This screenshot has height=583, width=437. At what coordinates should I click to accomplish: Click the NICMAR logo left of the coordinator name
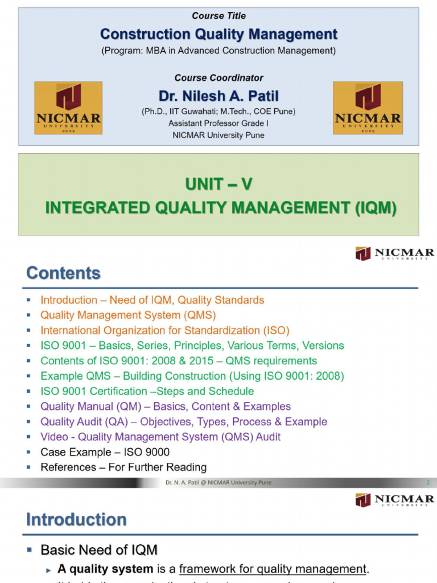pyautogui.click(x=68, y=108)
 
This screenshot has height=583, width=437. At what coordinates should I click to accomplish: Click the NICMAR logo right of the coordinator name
pyautogui.click(x=368, y=108)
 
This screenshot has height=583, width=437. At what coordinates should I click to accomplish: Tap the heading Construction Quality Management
pyautogui.click(x=218, y=34)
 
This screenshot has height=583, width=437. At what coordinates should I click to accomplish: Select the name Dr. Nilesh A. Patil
pyautogui.click(x=218, y=96)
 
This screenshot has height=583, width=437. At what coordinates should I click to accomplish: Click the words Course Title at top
pyautogui.click(x=218, y=16)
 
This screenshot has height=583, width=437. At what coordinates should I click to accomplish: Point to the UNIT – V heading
pyautogui.click(x=218, y=184)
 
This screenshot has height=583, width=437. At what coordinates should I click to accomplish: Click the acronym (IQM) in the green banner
pyautogui.click(x=375, y=208)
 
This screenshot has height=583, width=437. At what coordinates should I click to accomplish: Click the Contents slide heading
pyautogui.click(x=63, y=273)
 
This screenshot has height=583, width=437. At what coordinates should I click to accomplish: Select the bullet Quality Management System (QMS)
pyautogui.click(x=128, y=315)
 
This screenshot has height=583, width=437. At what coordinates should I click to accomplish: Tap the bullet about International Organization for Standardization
pyautogui.click(x=164, y=330)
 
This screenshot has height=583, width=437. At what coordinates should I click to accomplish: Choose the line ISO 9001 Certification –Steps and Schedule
pyautogui.click(x=147, y=391)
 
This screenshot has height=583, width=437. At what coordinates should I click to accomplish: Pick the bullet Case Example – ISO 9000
pyautogui.click(x=105, y=452)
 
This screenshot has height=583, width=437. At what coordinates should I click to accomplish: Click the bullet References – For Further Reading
pyautogui.click(x=123, y=467)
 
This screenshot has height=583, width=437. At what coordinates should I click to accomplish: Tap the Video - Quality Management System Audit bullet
pyautogui.click(x=160, y=437)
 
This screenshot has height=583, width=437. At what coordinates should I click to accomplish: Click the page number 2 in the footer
pyautogui.click(x=427, y=483)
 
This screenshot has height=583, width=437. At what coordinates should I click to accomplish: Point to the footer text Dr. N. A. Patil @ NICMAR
pyautogui.click(x=218, y=483)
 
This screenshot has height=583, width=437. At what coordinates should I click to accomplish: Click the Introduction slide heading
pyautogui.click(x=76, y=519)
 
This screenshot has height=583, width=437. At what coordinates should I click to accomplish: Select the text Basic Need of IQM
pyautogui.click(x=98, y=550)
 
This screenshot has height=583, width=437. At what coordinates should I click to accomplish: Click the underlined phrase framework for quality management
pyautogui.click(x=271, y=569)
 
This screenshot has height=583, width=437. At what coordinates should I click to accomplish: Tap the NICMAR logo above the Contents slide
pyautogui.click(x=394, y=253)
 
